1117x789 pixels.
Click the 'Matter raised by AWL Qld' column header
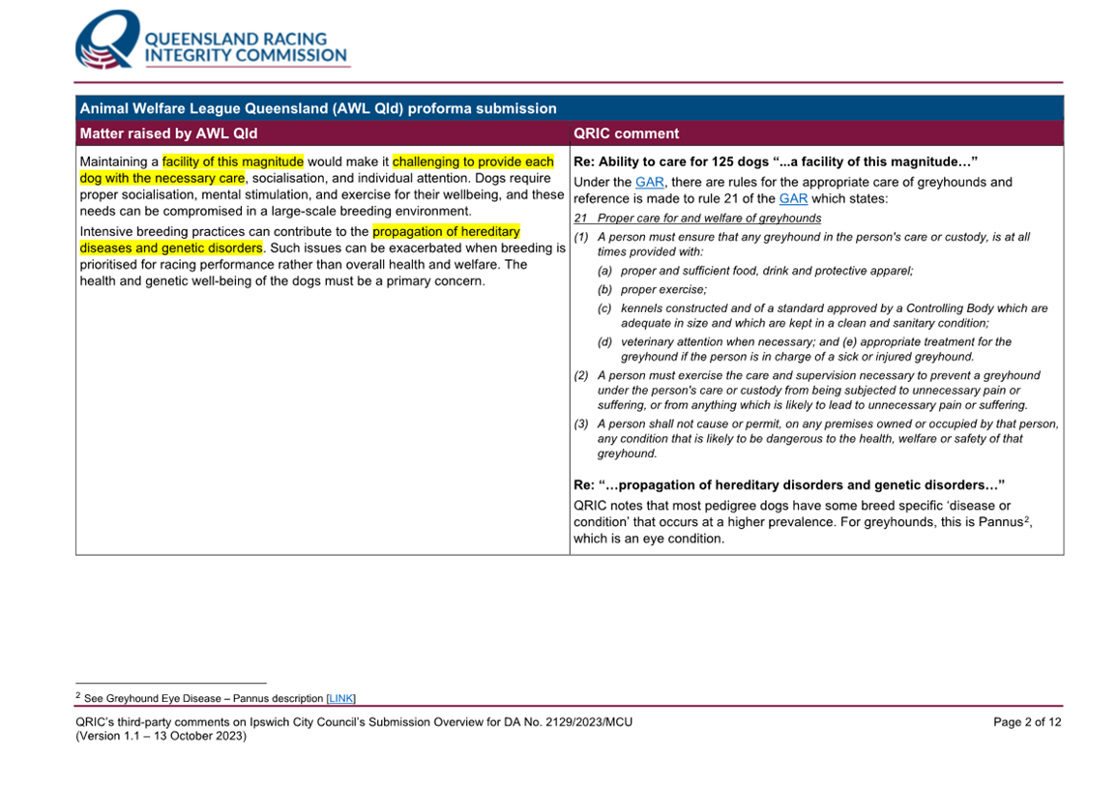click(168, 133)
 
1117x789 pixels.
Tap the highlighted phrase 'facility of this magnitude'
click(233, 161)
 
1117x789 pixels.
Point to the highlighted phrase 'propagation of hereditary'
click(446, 232)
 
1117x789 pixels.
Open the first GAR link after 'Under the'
click(650, 182)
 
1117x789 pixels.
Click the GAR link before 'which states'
click(793, 198)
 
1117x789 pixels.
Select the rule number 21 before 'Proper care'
click(580, 219)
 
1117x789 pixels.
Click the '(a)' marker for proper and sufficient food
click(604, 272)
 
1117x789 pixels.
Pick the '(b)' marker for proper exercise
click(604, 290)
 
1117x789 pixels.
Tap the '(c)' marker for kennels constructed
click(604, 308)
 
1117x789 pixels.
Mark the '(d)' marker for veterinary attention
click(604, 341)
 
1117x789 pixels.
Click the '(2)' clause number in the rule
click(581, 375)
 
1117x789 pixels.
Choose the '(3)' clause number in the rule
click(581, 424)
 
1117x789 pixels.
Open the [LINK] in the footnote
click(341, 698)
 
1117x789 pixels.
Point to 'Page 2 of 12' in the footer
click(1027, 722)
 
